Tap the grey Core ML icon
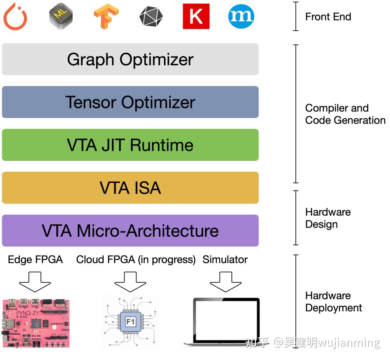(x=61, y=16)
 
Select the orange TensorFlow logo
(x=106, y=16)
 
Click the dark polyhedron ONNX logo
(x=151, y=17)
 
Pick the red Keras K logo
(x=196, y=16)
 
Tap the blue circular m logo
(x=241, y=16)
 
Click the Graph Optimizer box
(x=130, y=59)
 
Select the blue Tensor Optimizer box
(x=130, y=102)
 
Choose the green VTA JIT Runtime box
(x=130, y=145)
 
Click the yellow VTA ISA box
(x=130, y=188)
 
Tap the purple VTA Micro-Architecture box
(x=130, y=231)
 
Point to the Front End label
(x=328, y=17)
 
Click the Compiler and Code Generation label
(x=345, y=114)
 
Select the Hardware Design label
(x=328, y=218)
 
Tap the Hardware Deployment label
(x=334, y=302)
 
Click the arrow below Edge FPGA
(x=35, y=282)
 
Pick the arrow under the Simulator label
(x=226, y=282)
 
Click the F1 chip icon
(x=131, y=322)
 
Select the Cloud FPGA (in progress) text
(x=136, y=260)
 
